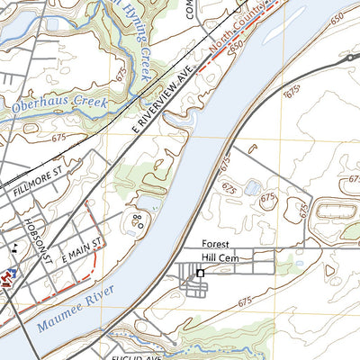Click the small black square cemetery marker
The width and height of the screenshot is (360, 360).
[201, 273]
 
